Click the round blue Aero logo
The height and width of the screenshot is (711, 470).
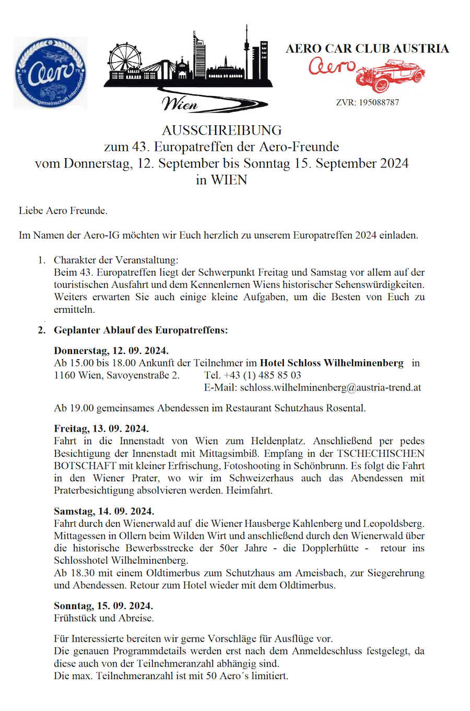[50, 73]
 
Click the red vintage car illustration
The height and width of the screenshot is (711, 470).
[392, 75]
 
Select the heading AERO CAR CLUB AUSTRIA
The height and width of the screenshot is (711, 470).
[367, 49]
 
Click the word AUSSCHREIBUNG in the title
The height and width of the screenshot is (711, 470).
[221, 130]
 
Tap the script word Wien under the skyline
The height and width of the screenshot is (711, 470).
[180, 103]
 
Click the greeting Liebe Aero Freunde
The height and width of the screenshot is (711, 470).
[63, 211]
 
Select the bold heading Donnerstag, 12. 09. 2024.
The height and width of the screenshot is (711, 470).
[111, 350]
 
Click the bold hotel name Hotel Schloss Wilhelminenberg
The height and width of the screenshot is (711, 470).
[332, 363]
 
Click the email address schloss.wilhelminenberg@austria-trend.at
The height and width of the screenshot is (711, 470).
[331, 387]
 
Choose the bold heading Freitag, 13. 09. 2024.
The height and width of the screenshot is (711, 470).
[101, 429]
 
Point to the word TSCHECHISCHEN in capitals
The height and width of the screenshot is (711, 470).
[381, 453]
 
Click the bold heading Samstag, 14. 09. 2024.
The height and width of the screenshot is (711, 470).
[104, 511]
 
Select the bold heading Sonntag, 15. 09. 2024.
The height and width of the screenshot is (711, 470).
[103, 606]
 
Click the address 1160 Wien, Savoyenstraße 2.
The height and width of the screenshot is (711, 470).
[116, 375]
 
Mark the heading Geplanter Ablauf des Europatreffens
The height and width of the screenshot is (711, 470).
[140, 330]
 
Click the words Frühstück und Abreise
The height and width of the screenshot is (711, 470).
[104, 618]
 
